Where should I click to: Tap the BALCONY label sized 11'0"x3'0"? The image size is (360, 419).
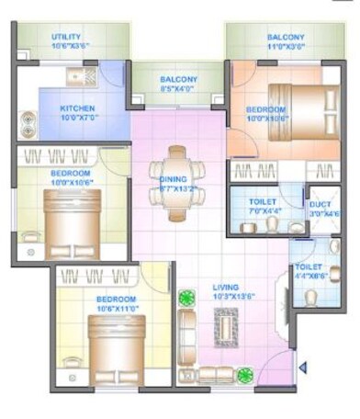[286, 38]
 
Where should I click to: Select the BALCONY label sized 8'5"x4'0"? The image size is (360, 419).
[178, 79]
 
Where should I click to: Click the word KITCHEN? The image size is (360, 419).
[79, 108]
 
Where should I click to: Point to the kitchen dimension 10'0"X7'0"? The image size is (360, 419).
[79, 117]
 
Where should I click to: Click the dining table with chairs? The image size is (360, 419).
[178, 184]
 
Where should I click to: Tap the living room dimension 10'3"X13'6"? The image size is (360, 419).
[224, 297]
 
